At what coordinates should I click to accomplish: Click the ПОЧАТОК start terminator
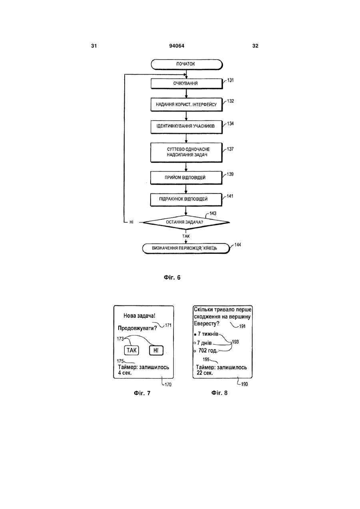tap(187, 64)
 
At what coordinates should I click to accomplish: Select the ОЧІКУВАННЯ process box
tap(186, 84)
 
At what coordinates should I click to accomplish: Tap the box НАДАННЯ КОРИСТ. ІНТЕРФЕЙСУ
tap(186, 104)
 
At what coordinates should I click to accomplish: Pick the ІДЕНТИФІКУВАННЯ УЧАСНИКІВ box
tap(186, 127)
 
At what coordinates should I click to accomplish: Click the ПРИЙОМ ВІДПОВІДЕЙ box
tap(186, 178)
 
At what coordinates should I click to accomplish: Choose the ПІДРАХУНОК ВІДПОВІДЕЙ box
tap(186, 200)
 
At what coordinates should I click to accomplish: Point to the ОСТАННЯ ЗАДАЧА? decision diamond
tap(186, 222)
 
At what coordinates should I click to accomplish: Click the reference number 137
tap(230, 149)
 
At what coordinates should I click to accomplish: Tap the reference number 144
tap(238, 245)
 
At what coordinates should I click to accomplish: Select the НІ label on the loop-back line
tap(131, 222)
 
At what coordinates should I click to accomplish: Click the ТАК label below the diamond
tap(186, 236)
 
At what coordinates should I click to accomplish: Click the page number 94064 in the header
tap(177, 46)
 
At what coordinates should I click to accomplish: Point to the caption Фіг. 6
tap(172, 277)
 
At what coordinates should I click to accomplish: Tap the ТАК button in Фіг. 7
tap(131, 350)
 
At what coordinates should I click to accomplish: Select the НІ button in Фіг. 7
tap(156, 350)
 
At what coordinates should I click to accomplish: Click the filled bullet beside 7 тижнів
tap(195, 335)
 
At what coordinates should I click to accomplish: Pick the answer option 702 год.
tap(208, 351)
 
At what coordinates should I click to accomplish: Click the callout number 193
tap(235, 342)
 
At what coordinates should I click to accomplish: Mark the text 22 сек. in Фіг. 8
tap(205, 373)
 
